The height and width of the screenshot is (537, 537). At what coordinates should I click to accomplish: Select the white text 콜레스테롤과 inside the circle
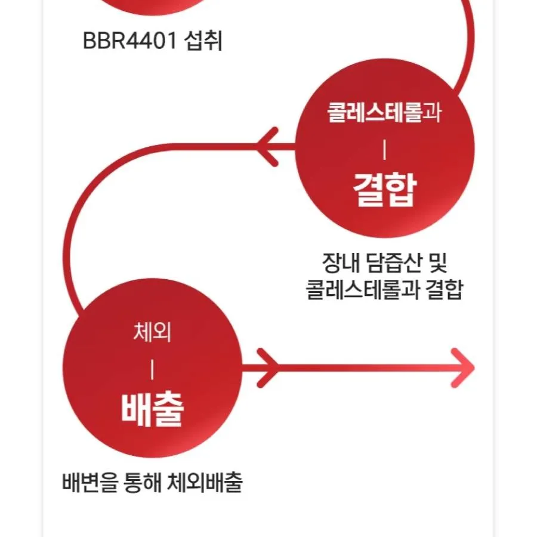click(x=384, y=113)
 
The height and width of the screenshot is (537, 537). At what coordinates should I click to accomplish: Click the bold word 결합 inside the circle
click(x=384, y=191)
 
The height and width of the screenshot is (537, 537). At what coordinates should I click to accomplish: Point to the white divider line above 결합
click(x=384, y=150)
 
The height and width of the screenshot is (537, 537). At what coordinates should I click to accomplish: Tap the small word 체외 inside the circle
click(x=152, y=333)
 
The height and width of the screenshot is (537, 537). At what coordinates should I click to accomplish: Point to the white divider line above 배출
click(x=152, y=371)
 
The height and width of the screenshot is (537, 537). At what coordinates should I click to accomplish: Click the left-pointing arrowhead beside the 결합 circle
click(x=267, y=146)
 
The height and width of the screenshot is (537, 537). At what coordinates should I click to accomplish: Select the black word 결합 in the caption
click(x=445, y=291)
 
